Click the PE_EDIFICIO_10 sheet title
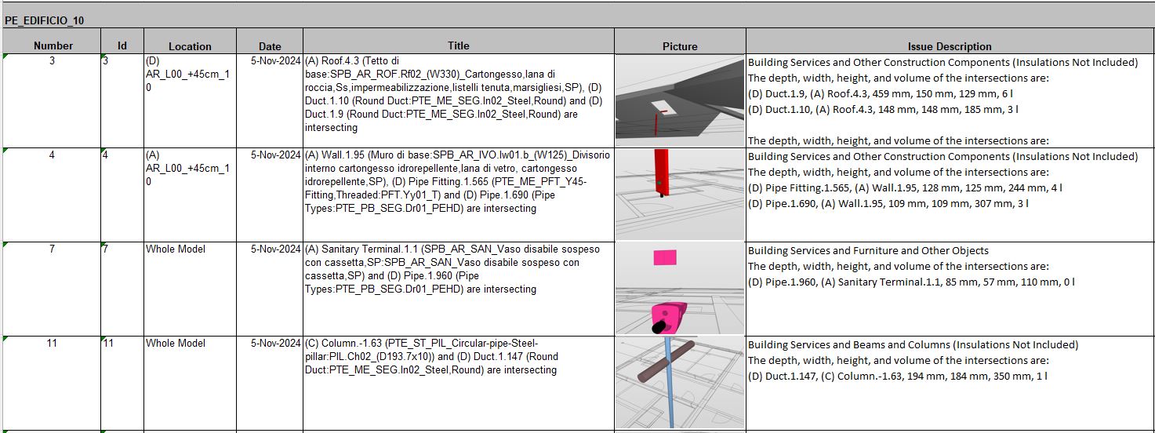(x=45, y=20)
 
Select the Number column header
(x=53, y=46)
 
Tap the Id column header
(x=122, y=46)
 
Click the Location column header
(x=190, y=46)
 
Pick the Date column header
(x=270, y=46)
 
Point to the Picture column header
(x=680, y=46)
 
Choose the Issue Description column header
(x=950, y=46)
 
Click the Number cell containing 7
(x=52, y=249)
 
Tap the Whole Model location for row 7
(x=176, y=249)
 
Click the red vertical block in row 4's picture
(x=661, y=173)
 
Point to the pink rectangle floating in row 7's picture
(x=665, y=257)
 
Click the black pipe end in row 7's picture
(x=659, y=326)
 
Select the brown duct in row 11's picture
(x=666, y=360)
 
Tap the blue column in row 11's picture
(x=670, y=382)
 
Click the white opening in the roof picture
(x=659, y=107)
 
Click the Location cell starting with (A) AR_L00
(x=187, y=168)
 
